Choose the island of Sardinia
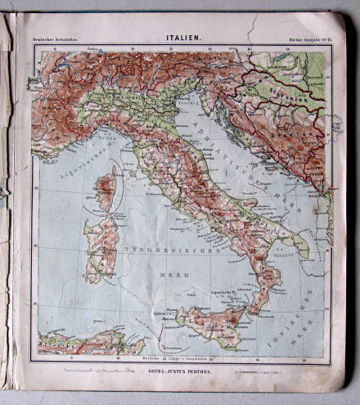[x=101, y=246]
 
